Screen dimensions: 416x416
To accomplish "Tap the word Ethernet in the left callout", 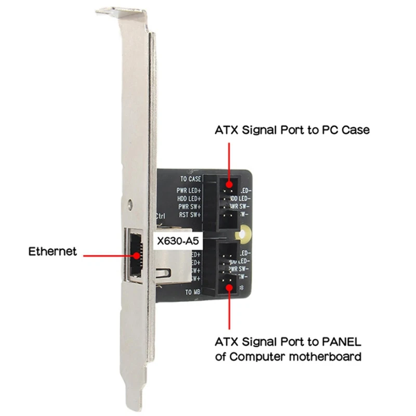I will pos(53,252).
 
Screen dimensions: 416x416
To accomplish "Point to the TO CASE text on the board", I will pos(191,179).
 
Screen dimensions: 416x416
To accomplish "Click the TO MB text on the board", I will pos(192,292).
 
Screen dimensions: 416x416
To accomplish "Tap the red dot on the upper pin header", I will pos(229,184).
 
